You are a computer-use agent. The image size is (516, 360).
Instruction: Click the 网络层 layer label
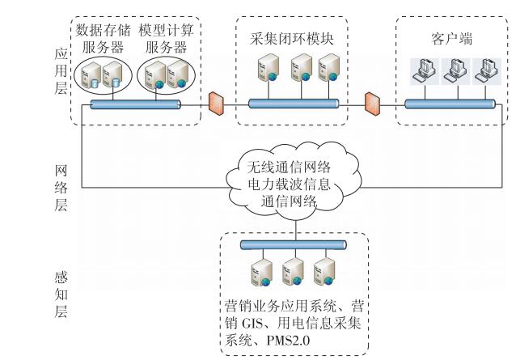coord(58,188)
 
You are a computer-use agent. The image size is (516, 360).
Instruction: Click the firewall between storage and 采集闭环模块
coord(216,103)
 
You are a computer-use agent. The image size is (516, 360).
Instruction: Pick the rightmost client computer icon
coord(484,74)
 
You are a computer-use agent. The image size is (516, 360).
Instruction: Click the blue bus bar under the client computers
coord(450,104)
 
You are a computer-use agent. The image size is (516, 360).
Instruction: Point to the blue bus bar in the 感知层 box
coord(292,245)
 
